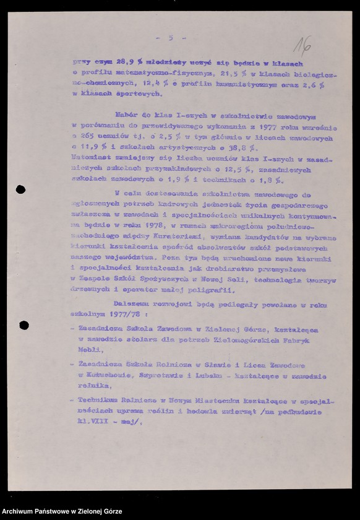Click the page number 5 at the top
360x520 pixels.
(170, 38)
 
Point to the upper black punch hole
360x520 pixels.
(20, 189)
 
